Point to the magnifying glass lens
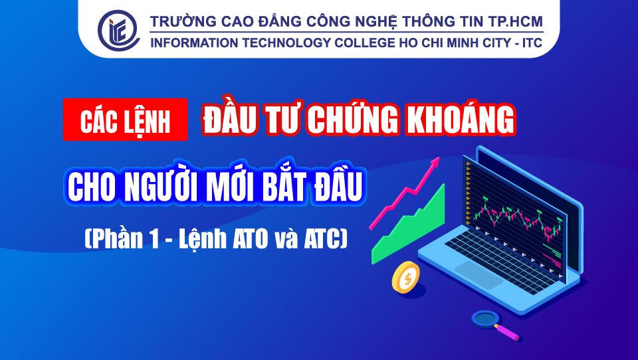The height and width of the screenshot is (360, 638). (485, 319)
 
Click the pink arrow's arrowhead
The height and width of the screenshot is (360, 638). (435, 161)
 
